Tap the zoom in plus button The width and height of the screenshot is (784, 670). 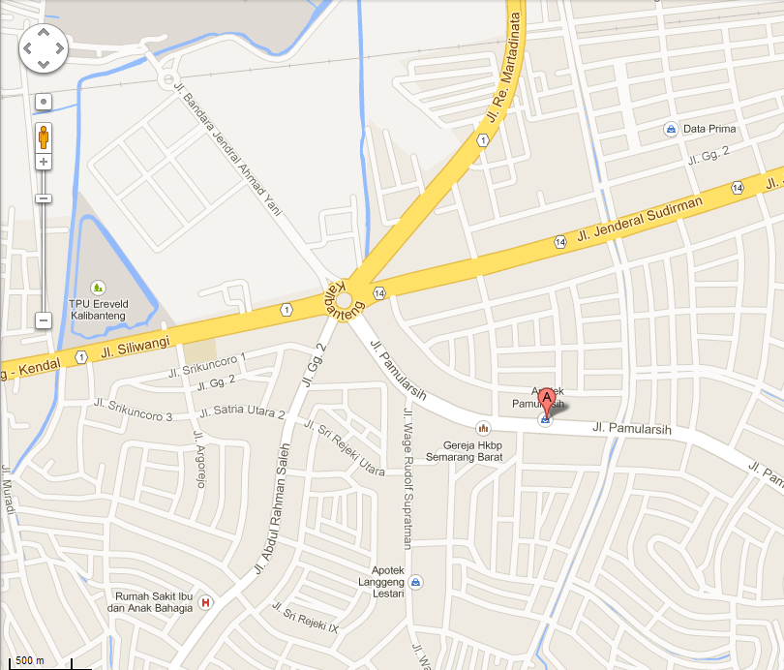coord(44,162)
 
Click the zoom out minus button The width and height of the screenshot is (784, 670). coord(43,320)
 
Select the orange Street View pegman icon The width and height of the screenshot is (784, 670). coord(44,136)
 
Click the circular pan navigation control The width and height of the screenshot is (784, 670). coord(44,46)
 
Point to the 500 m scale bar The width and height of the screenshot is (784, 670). coord(29,661)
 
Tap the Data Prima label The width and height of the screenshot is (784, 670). coord(709,129)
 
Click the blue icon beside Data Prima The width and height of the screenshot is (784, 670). coord(670,129)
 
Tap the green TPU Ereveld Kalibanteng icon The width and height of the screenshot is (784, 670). coord(97,288)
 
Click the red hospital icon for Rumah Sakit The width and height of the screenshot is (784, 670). coord(205,602)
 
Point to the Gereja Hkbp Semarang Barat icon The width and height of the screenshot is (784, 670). coord(483,427)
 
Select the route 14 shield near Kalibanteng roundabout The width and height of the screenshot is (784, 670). coord(379,293)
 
